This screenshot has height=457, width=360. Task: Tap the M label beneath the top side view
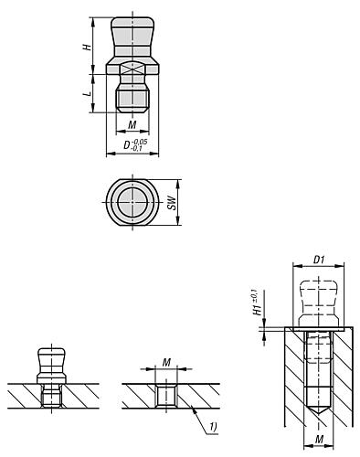(x=132, y=124)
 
